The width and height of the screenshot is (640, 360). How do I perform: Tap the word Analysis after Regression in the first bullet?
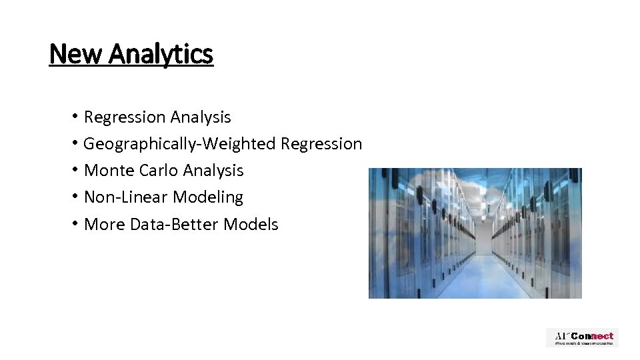tap(201, 117)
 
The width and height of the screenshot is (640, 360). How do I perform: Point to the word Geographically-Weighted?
tap(181, 144)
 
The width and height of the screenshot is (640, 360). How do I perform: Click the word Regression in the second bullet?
tap(322, 144)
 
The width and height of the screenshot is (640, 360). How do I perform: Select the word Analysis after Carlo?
tap(213, 171)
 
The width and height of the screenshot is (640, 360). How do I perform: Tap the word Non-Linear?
tap(127, 197)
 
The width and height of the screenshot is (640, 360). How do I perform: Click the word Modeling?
tap(208, 197)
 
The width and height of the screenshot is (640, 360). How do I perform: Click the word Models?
tap(251, 225)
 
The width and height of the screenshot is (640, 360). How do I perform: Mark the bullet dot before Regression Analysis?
tap(77, 117)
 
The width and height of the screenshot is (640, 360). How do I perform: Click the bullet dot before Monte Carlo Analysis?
tap(77, 171)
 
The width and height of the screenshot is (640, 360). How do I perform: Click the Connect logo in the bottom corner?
tap(582, 337)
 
